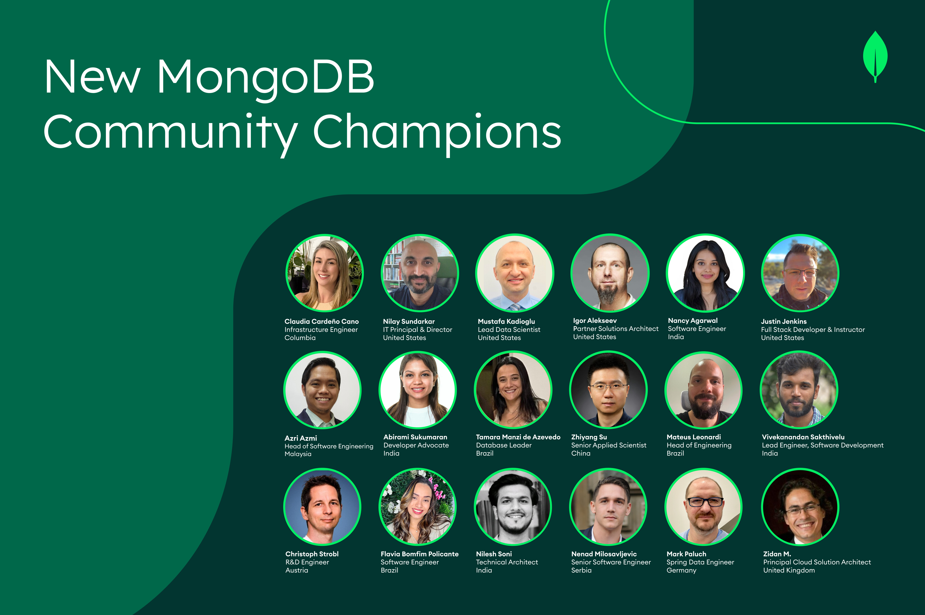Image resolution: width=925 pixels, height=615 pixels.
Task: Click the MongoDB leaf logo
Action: click(x=875, y=56)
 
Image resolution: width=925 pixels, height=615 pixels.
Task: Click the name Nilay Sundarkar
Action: click(x=409, y=321)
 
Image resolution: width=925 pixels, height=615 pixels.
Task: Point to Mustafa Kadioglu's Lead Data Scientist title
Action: click(x=509, y=329)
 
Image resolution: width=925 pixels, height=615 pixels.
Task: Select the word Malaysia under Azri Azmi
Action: click(x=298, y=454)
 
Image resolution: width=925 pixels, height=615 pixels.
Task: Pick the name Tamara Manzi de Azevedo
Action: click(x=518, y=437)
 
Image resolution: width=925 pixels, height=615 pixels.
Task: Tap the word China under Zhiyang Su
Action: click(x=581, y=453)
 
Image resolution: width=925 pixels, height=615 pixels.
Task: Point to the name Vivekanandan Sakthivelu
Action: click(x=803, y=437)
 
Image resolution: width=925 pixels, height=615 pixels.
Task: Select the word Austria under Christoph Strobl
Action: click(x=297, y=570)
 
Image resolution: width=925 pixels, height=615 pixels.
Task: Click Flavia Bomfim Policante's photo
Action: click(x=417, y=507)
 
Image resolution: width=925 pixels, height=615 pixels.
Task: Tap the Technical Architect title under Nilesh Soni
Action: click(x=507, y=562)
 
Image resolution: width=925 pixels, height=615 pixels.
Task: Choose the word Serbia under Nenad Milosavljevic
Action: click(x=581, y=570)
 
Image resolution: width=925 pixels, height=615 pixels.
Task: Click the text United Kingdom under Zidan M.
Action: click(x=789, y=570)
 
